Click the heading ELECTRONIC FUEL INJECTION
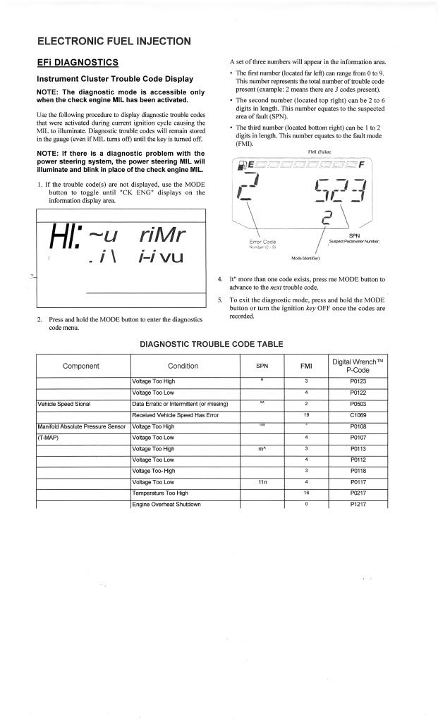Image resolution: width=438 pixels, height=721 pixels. point(114,41)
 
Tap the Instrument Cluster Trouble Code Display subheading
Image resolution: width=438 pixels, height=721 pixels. point(115,78)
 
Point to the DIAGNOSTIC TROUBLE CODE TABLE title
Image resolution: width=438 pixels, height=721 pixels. point(212,344)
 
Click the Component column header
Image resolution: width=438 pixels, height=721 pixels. point(81,366)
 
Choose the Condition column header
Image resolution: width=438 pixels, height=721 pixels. point(183,366)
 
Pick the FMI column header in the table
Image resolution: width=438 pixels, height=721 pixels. point(306,366)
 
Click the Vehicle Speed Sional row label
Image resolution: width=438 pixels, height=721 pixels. point(68,404)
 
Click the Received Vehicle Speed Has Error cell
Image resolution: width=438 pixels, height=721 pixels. point(176,415)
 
